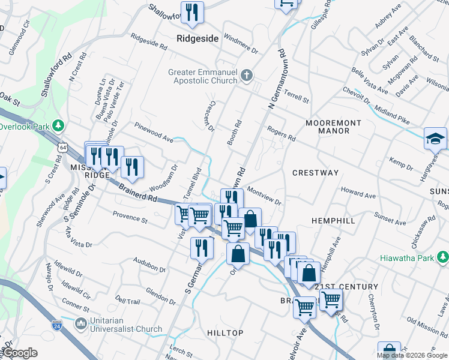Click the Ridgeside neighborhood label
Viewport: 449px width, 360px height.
197,37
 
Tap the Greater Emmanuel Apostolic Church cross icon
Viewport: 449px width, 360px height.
247,76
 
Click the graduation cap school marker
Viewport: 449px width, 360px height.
435,139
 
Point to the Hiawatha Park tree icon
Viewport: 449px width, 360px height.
443,258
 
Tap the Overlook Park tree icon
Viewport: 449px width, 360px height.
58,126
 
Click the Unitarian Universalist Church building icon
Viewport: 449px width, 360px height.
81,324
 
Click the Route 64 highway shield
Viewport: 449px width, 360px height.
64,146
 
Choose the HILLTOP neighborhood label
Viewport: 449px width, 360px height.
225,333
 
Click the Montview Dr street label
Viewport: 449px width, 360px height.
264,198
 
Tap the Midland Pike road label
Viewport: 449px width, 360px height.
390,115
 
